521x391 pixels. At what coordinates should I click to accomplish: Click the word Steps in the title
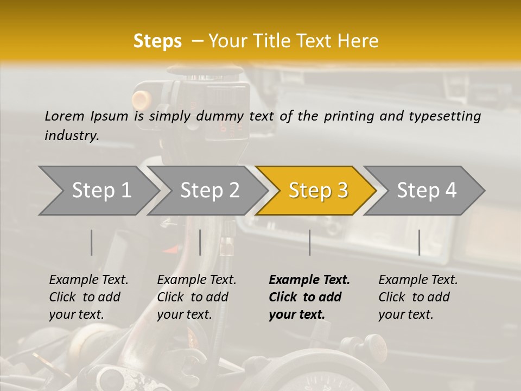click(157, 41)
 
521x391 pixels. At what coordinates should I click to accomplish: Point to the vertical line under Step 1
click(92, 242)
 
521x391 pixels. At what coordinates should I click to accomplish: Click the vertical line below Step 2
click(200, 242)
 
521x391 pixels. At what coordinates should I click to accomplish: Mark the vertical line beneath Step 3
click(309, 242)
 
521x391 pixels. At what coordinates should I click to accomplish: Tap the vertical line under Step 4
click(419, 242)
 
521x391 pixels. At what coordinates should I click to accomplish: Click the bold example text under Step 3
click(309, 297)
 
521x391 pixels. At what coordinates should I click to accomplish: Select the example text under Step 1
click(88, 297)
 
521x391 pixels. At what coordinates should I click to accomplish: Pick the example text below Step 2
click(196, 297)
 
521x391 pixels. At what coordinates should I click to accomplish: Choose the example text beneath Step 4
click(418, 297)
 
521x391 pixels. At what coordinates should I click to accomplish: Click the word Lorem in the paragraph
click(65, 116)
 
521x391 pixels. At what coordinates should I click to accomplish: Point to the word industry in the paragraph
click(72, 135)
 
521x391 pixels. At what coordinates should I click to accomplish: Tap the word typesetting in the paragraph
click(449, 116)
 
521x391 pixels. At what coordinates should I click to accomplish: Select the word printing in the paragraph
click(348, 116)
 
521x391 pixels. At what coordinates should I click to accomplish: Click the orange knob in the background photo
click(142, 99)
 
